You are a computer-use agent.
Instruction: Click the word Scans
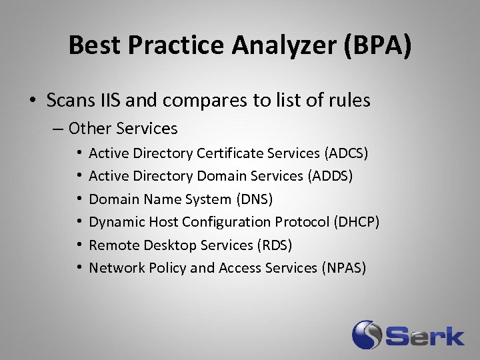tap(69, 101)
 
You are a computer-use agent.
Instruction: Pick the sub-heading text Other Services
tap(123, 128)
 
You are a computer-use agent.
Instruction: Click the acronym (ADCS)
tap(346, 153)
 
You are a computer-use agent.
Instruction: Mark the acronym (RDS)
tap(275, 245)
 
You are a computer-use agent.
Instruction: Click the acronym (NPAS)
tap(344, 267)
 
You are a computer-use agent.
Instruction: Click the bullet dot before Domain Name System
tap(79, 199)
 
